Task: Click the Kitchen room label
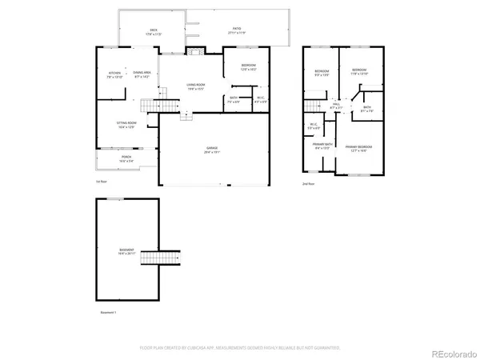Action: click(114, 75)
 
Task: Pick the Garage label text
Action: click(213, 150)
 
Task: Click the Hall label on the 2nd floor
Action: click(337, 106)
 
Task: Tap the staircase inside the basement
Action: click(170, 258)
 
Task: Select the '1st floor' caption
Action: click(102, 183)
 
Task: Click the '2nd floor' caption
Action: click(309, 183)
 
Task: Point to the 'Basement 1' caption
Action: click(109, 312)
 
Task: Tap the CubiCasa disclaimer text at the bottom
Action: click(240, 347)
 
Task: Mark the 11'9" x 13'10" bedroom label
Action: click(360, 72)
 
